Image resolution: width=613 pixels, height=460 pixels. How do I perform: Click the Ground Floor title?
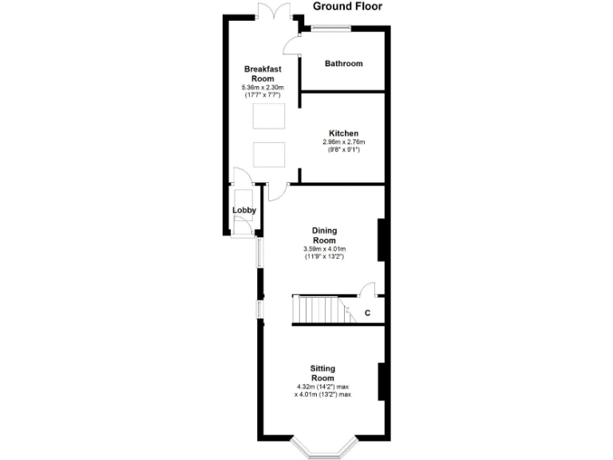pos(347,6)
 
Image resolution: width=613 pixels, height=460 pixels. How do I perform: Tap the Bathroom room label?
pos(343,64)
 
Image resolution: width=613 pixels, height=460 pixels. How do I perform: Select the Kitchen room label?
pos(343,133)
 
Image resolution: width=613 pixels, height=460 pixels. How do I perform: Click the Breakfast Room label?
pos(263,74)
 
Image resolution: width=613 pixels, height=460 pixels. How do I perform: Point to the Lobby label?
pos(244,211)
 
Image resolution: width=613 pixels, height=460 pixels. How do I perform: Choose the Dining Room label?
pos(323,236)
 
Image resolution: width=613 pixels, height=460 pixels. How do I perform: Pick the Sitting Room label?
pos(322,372)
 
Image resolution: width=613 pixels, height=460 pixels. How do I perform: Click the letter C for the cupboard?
pos(367,313)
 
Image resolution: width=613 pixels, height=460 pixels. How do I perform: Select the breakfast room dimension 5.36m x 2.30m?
pos(263,87)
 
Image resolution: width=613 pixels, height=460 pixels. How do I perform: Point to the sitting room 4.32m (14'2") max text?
pos(323,387)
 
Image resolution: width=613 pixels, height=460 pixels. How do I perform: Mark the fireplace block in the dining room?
pos(382,240)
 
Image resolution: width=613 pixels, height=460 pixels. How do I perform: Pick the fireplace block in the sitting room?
pos(382,381)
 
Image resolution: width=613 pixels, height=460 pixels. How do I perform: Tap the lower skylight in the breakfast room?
pos(269,154)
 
